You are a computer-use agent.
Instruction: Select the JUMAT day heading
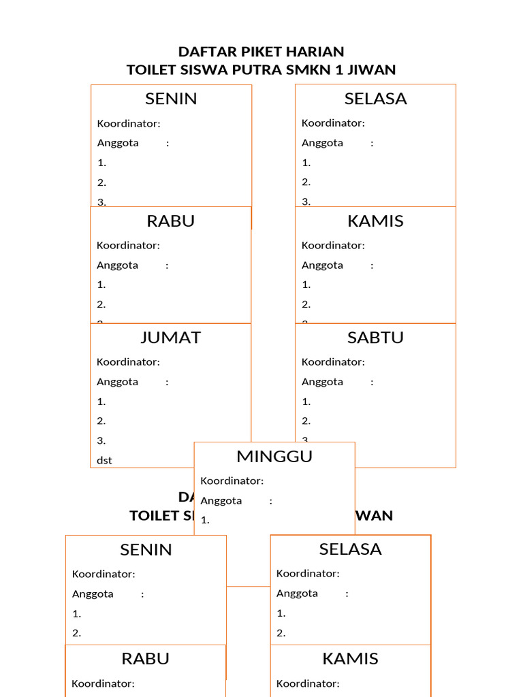pos(170,338)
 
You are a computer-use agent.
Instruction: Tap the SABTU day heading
pos(375,338)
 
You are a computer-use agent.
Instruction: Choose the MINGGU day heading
pos(274,456)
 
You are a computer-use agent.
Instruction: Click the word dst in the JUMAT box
pos(104,460)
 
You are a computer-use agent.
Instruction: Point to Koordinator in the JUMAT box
pos(128,362)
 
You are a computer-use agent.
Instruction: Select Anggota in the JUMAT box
pos(117,382)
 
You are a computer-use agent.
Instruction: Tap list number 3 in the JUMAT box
pos(101,440)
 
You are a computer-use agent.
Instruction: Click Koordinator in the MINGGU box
pos(232,481)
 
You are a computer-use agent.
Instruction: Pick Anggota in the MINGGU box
pos(221,500)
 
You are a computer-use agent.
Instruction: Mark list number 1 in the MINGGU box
pos(204,520)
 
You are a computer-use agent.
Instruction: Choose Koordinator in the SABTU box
pos(333,362)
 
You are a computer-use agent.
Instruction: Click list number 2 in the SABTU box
pos(306,421)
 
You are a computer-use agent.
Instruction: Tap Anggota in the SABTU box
pos(322,382)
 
